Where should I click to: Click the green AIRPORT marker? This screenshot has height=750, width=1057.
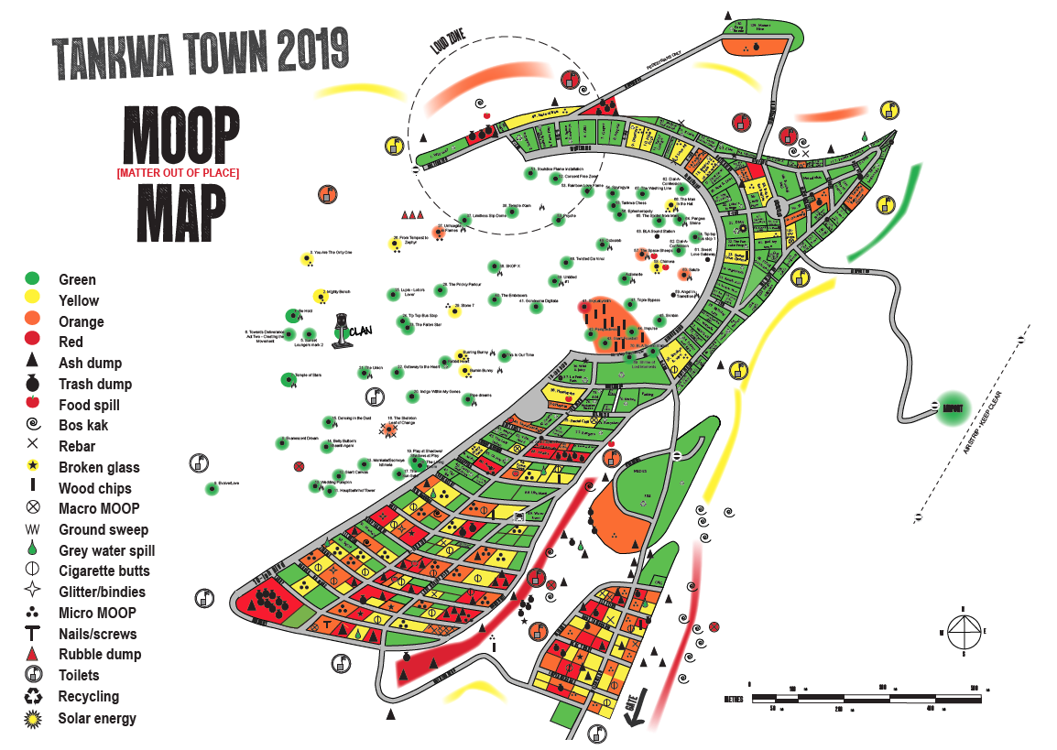pos(952,408)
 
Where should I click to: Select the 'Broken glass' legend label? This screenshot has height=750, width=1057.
pos(99,468)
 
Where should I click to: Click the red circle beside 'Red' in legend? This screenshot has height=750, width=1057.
pos(33,342)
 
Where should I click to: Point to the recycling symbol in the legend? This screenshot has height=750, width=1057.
pos(33,697)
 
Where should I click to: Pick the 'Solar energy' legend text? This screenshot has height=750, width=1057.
pos(97,718)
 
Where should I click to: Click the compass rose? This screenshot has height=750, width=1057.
pos(964,631)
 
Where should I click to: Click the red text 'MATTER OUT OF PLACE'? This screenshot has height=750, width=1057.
pos(177,172)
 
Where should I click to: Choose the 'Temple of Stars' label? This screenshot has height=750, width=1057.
pos(307,375)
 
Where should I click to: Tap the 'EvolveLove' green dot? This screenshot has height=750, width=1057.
pos(212,489)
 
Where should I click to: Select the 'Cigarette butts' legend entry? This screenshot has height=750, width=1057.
pos(104,571)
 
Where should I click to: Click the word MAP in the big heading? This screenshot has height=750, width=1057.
pos(182,213)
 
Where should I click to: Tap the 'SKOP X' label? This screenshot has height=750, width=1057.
pos(512,266)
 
